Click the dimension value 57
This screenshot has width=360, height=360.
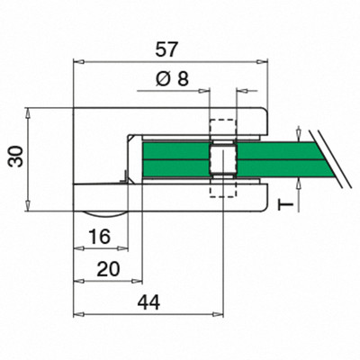[x=166, y=49]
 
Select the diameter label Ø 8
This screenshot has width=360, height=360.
[x=172, y=79]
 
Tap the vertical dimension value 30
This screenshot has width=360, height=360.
[x=16, y=156]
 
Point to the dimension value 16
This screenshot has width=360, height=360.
[x=100, y=236]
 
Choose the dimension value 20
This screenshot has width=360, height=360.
[x=108, y=269]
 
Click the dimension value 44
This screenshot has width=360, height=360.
[x=148, y=302]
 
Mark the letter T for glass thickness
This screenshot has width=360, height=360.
[x=285, y=205]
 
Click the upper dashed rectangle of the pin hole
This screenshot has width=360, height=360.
[x=223, y=130]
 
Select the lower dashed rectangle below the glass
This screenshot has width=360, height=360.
[x=222, y=188]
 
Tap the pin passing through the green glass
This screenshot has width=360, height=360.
[x=222, y=159]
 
